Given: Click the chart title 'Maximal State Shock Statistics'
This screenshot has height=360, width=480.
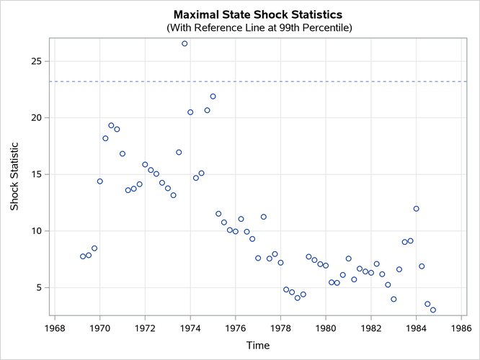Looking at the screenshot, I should coord(258,14).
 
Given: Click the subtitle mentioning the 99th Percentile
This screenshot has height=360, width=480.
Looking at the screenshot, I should coord(258,28).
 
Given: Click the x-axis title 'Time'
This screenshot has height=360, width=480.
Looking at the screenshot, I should coord(258,346).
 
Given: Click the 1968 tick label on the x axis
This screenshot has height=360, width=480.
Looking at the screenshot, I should coord(55,327).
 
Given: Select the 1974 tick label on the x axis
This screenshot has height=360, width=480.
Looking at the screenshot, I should coord(190,327).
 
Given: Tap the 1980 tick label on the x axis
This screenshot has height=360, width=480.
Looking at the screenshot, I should coord(326,327).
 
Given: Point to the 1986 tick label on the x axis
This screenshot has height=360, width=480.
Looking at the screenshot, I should coord(461,327).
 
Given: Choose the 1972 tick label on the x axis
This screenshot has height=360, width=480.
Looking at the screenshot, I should coord(145,327).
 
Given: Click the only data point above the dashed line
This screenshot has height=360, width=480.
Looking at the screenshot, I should coord(185,44).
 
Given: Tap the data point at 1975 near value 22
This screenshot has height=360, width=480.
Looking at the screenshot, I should coord(213,96).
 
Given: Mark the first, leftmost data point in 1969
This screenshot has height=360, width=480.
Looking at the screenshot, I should coord(83,256).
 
